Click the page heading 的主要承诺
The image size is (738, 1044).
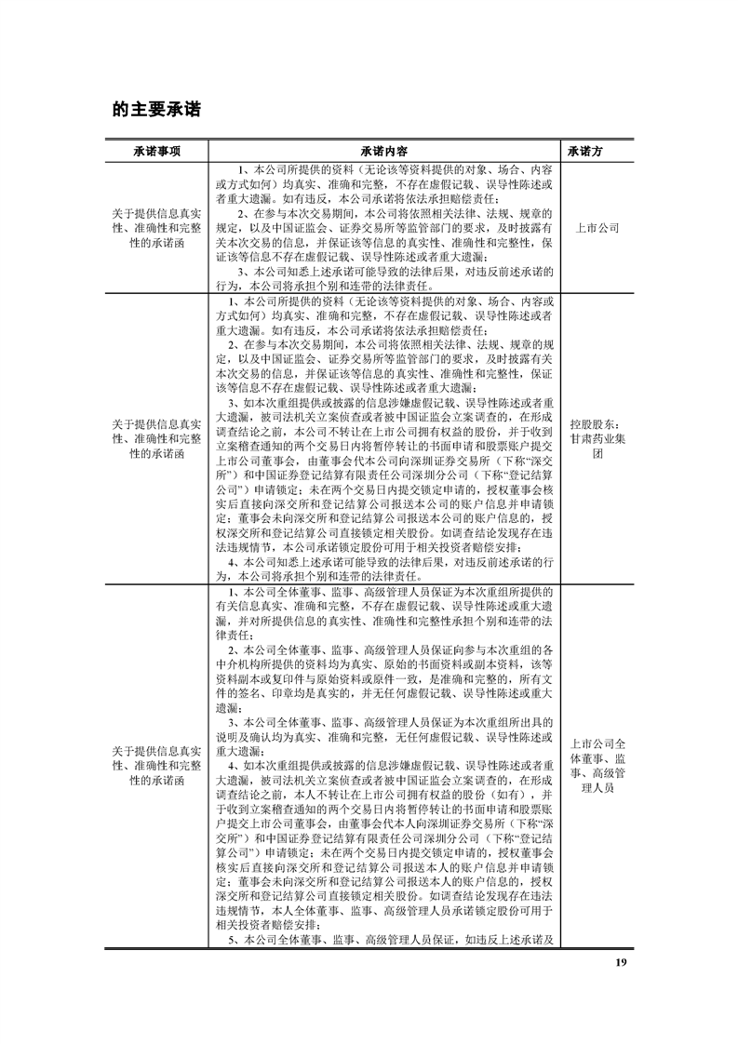pyautogui.click(x=156, y=109)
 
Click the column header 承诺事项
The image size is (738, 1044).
pyautogui.click(x=155, y=151)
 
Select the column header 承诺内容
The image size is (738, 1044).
pyautogui.click(x=382, y=151)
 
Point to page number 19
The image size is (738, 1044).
pyautogui.click(x=621, y=961)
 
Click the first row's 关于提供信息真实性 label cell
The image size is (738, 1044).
pyautogui.click(x=155, y=227)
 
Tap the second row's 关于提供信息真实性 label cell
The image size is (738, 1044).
pyautogui.click(x=155, y=438)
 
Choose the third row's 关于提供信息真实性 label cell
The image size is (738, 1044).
pyautogui.click(x=155, y=766)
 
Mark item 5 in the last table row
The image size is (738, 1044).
pyautogui.click(x=391, y=940)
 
